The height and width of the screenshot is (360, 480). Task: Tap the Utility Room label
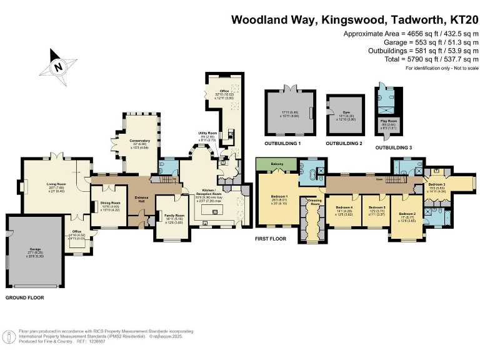point(207,135)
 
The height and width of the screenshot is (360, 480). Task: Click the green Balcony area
point(277,164)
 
